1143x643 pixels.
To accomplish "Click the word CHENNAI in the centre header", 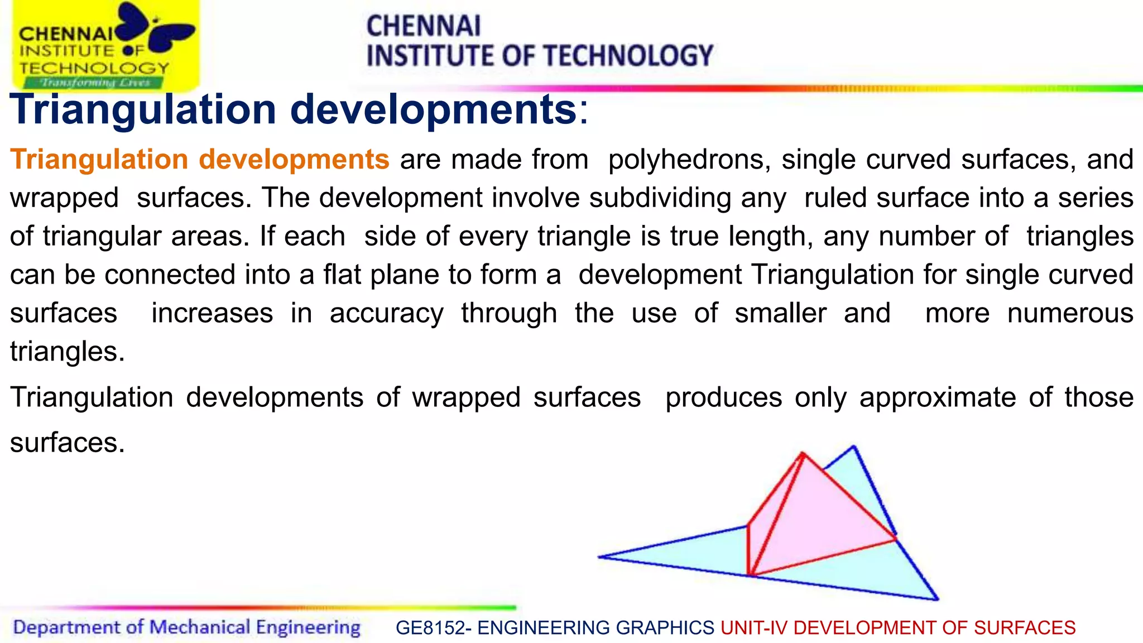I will (x=423, y=26).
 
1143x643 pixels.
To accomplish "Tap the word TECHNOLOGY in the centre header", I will (x=628, y=56).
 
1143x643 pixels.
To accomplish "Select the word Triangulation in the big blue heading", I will (x=143, y=109).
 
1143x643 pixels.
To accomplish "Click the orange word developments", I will (x=294, y=160).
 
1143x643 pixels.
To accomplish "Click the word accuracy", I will (x=386, y=314).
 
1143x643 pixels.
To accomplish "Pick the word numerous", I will (x=1070, y=314).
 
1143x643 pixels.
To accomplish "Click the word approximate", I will (x=938, y=398).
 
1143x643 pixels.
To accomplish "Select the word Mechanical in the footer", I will (x=199, y=627).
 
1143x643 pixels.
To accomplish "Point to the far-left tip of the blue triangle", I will (x=600, y=556).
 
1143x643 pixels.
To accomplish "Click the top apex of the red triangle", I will (x=803, y=453).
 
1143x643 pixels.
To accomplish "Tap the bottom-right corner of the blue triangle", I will (x=937, y=599).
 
